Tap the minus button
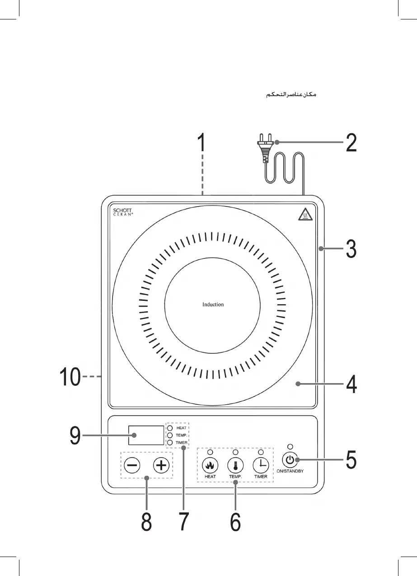pos(132,465)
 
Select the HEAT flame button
pos(210,465)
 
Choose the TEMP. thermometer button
pos(235,465)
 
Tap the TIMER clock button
pos(261,465)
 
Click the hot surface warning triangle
pos(305,215)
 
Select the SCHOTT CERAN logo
pos(123,212)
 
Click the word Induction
pos(213,304)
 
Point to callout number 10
pos(70,377)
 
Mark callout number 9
pos(75,436)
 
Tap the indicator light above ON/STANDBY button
pos(290,447)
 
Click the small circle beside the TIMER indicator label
pos(170,442)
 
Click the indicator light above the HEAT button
pos(210,452)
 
